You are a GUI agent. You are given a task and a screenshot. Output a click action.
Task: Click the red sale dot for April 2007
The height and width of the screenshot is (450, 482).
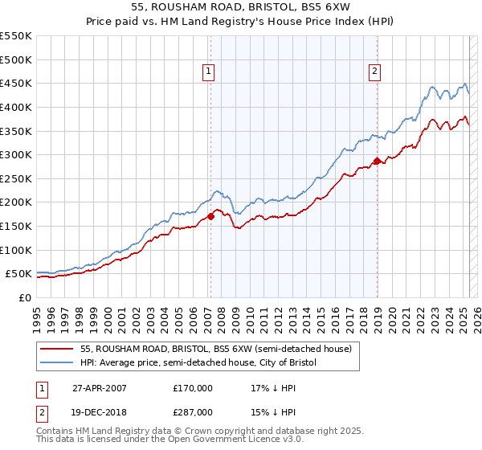(x=210, y=216)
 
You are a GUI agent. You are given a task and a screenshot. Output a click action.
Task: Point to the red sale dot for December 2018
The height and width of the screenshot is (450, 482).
(x=377, y=161)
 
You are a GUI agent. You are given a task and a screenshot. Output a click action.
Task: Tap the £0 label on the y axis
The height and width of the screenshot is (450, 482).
(x=24, y=298)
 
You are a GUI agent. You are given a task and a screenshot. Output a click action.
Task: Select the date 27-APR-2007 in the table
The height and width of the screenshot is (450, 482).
(x=100, y=388)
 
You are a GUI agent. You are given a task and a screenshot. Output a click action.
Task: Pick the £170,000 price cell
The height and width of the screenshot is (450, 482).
(x=193, y=388)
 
